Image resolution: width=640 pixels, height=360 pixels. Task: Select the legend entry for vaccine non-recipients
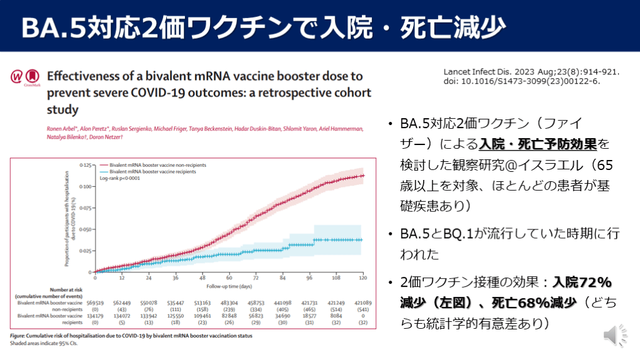point(157,164)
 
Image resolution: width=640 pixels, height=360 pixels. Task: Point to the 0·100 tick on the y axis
point(84,186)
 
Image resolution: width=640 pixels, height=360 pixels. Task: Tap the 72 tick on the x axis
point(256,277)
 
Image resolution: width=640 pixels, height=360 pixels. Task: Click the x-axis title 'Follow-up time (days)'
point(228,284)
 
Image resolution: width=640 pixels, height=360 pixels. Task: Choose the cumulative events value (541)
point(363,309)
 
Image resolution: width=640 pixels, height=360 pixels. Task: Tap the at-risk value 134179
point(95,316)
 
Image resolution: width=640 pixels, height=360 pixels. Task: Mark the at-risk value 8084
point(336,316)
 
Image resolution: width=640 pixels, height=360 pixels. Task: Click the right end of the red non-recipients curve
point(362,176)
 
